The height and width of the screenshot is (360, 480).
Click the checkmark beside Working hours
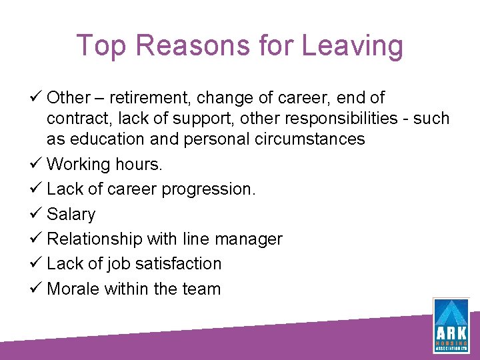(x=37, y=163)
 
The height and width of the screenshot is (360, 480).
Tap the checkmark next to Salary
(x=37, y=213)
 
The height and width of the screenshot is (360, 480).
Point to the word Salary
(x=71, y=214)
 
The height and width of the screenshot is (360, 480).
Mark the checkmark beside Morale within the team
(x=37, y=288)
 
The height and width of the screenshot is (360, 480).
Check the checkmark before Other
(x=37, y=97)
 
